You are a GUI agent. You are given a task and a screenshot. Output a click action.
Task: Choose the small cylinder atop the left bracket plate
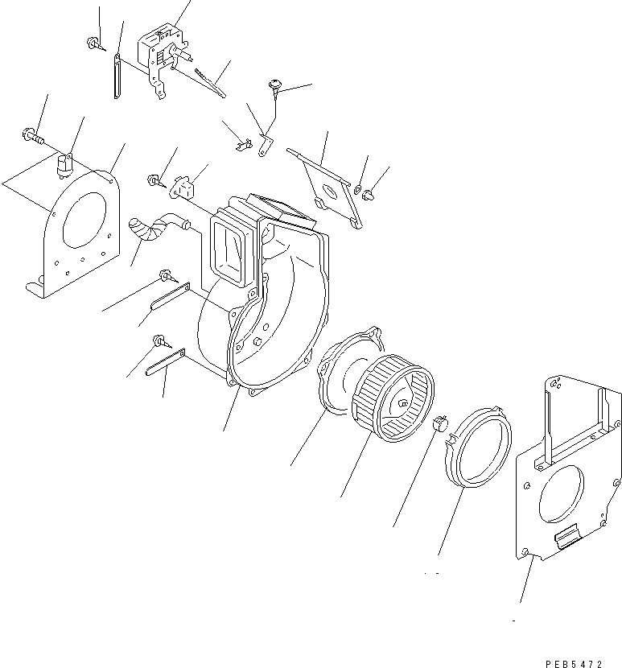[x=64, y=165]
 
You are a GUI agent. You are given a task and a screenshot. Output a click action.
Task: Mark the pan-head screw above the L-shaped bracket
[x=278, y=85]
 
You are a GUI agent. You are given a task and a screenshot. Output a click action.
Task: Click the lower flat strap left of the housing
[x=164, y=362]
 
